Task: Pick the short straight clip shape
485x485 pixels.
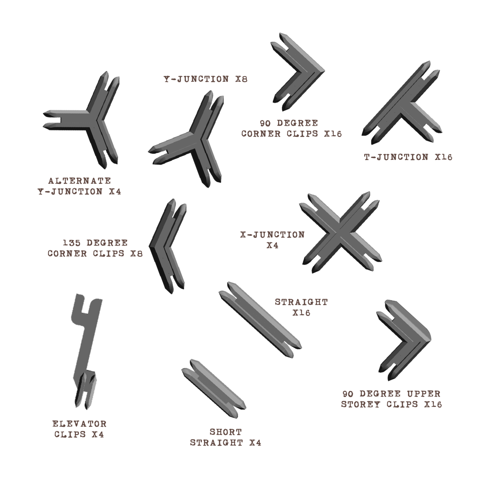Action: tap(214, 388)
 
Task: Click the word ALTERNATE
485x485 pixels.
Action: tap(80, 181)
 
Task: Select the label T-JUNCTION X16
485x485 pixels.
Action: tap(408, 157)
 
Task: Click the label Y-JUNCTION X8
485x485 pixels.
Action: tap(206, 79)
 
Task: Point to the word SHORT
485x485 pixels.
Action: tap(226, 432)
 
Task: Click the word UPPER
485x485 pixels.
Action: tap(423, 394)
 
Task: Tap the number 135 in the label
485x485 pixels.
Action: tap(72, 243)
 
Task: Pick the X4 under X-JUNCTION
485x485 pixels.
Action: tap(272, 245)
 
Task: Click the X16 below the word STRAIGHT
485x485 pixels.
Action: tap(301, 313)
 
